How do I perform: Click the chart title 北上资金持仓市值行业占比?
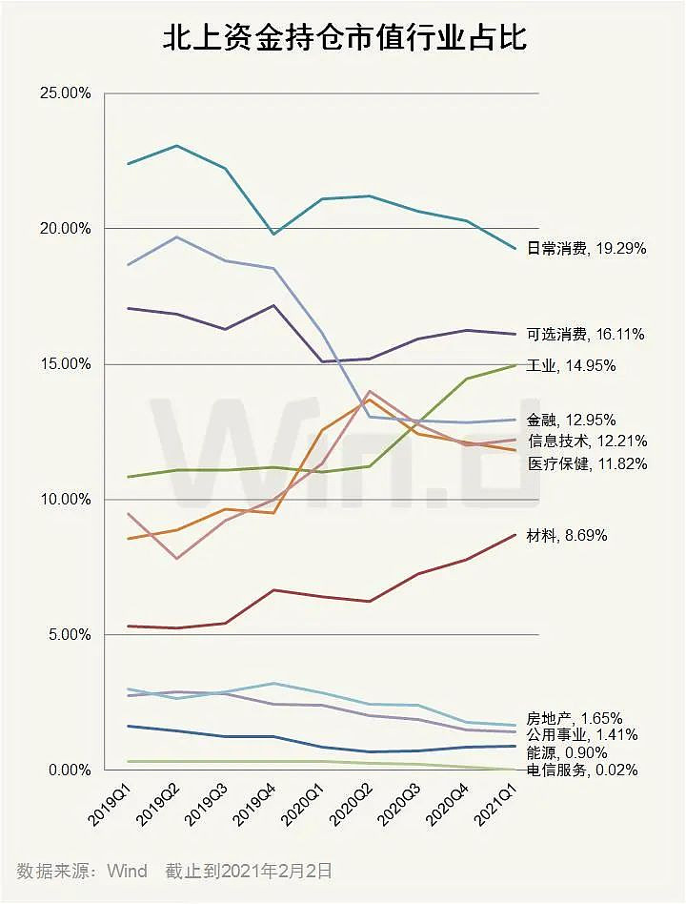tap(344, 40)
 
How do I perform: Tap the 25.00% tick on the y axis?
tap(64, 93)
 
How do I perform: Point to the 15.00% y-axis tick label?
tap(64, 364)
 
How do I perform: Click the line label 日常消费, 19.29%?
tap(587, 249)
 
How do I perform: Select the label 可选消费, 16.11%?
tap(586, 335)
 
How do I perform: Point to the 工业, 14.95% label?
tap(571, 365)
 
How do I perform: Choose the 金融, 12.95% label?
tap(571, 420)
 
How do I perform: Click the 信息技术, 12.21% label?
tap(587, 442)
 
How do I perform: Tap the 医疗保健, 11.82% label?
tap(587, 464)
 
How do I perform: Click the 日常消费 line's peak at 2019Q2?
tap(178, 146)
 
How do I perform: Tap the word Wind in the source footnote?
tap(126, 871)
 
